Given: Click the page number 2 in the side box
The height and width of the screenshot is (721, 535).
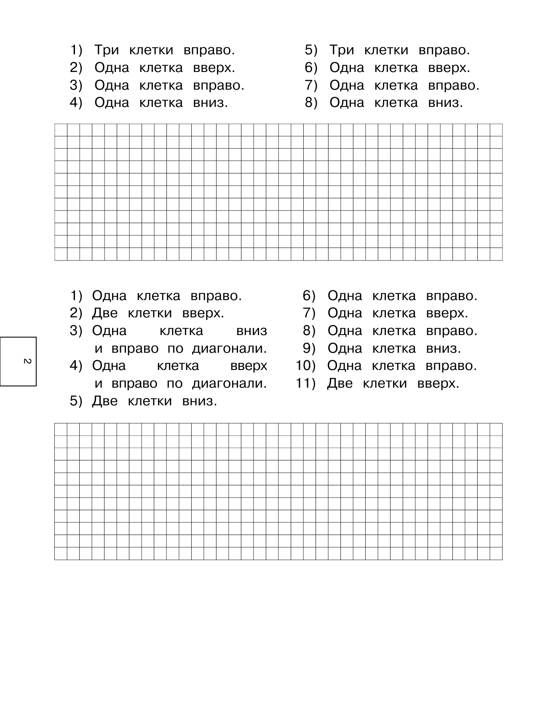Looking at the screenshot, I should (x=26, y=362).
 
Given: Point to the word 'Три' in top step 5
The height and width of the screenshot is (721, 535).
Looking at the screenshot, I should (x=341, y=50).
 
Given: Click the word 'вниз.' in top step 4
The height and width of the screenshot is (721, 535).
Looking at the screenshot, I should (x=210, y=103).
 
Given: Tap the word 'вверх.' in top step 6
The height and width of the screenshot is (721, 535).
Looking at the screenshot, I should (x=449, y=68).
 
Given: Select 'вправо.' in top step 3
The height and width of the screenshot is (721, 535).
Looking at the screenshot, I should (x=219, y=85).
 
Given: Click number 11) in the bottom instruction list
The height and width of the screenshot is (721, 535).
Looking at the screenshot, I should (x=306, y=383).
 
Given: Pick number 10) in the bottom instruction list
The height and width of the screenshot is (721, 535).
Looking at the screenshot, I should (x=306, y=366).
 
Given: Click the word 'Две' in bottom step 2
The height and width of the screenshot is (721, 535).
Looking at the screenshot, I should (x=104, y=313).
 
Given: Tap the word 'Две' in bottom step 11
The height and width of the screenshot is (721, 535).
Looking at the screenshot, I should (x=340, y=383).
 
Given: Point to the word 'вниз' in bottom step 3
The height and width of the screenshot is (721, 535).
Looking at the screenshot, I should (x=251, y=331).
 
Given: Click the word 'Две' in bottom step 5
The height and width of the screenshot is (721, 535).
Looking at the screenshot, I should (x=104, y=401).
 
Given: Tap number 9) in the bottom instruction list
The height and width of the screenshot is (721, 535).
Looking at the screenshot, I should (x=309, y=349).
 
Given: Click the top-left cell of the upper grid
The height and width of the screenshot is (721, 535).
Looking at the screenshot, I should (x=61, y=130).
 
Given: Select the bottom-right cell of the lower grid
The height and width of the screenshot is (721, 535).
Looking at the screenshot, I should (x=496, y=553).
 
